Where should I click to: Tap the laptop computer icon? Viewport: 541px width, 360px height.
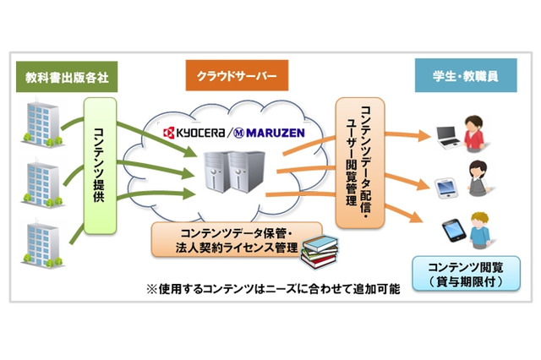(445, 134)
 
